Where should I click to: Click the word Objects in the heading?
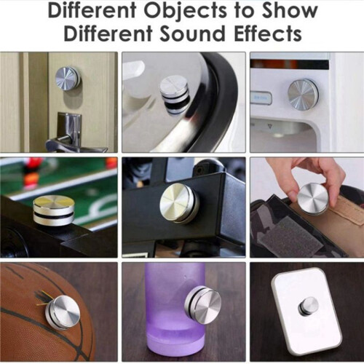pos(185,12)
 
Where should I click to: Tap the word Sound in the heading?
pos(192,33)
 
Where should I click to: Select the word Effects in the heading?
pos(268,33)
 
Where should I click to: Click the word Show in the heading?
pos(290,11)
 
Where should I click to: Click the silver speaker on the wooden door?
pos(68,79)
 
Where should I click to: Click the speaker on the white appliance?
pos(304,94)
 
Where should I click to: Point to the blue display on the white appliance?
pos(261,98)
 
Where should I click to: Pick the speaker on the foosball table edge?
pos(54,210)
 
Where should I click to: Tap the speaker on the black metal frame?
pos(179,203)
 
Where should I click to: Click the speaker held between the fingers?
pos(313,199)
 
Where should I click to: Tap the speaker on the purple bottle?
pos(202,304)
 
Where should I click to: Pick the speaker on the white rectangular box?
pos(308,307)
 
